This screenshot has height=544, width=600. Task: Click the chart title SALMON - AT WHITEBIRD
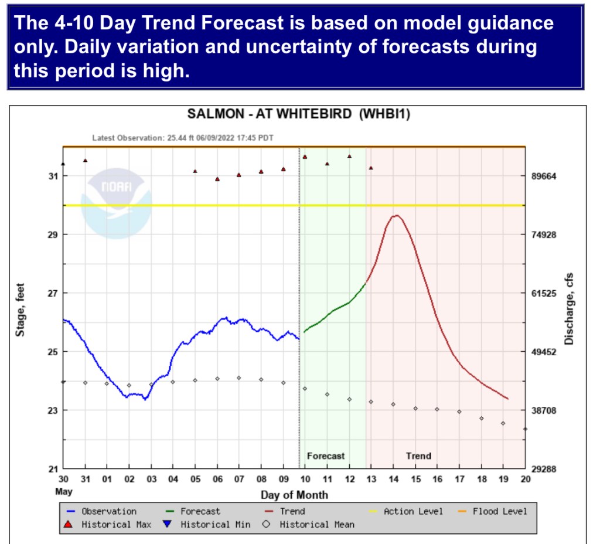point(298,114)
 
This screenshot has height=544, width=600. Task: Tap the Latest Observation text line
point(183,138)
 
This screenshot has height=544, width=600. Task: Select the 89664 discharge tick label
point(547,176)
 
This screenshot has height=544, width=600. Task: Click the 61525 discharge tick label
point(547,293)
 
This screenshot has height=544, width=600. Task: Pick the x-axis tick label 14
point(393,479)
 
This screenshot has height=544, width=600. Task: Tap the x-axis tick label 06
point(217,479)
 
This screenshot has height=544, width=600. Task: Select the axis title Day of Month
point(294,495)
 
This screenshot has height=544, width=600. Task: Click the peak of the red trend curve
point(397,216)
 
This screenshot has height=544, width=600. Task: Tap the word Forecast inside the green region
point(326,455)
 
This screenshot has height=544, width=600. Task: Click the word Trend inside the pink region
point(418,455)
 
